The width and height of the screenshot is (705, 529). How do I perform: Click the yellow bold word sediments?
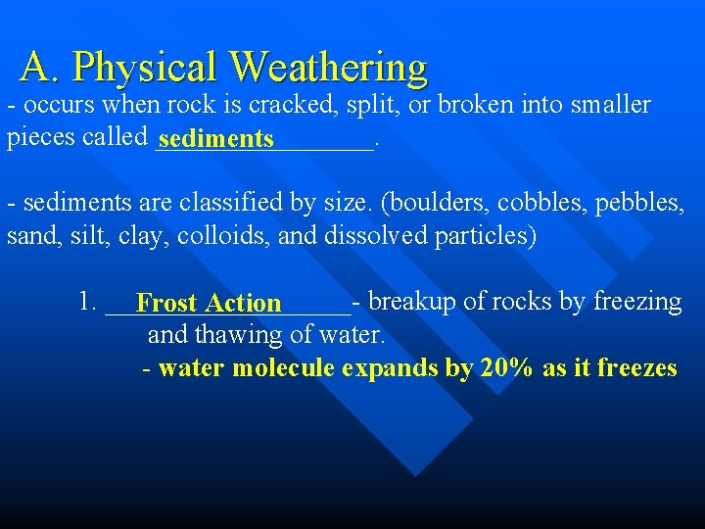point(215,139)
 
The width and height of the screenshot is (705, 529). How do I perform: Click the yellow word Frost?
point(169,304)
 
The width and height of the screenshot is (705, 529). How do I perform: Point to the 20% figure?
point(507,368)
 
